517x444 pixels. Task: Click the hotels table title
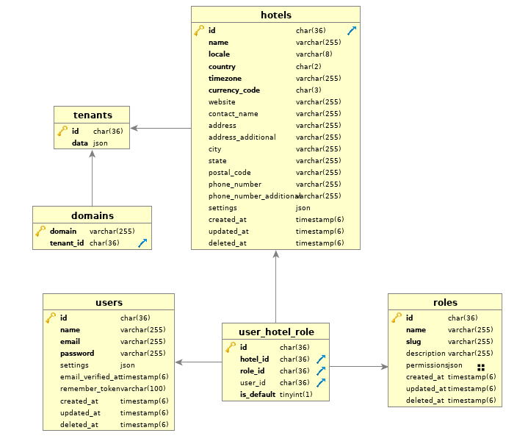point(275,15)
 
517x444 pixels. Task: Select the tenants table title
point(92,115)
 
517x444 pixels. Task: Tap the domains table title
point(92,215)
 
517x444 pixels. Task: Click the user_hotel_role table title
point(275,332)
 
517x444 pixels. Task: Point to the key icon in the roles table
point(397,318)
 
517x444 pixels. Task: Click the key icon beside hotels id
point(199,31)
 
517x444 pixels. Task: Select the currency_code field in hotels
point(234,90)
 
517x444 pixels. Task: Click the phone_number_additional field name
point(253,196)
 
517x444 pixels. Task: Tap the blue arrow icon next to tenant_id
point(142,243)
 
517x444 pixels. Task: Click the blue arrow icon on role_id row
point(320,371)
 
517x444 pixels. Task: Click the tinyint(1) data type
point(295,395)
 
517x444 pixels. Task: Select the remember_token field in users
point(90,389)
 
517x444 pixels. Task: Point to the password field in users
point(77,354)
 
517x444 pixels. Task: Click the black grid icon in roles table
point(481,366)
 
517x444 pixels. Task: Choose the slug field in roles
point(413,342)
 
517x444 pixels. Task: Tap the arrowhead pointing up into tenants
point(92,154)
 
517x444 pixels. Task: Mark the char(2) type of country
point(308,67)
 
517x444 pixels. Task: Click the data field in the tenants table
point(80,143)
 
